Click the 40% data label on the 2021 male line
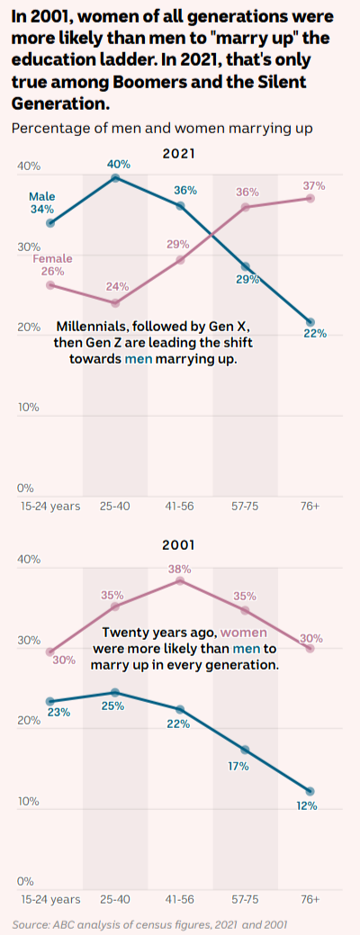tap(119, 164)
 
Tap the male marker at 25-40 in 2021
tap(115, 177)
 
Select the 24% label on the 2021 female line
tap(117, 286)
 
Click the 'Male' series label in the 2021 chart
tap(41, 197)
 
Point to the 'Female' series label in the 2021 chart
tap(52, 259)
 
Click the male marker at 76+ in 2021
tap(310, 322)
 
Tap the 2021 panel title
tap(179, 154)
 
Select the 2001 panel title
tap(179, 545)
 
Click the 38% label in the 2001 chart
tap(179, 568)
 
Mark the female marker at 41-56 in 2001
tap(181, 580)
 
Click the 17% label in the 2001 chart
tap(238, 766)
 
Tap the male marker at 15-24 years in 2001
tap(50, 701)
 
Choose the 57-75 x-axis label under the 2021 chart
tap(245, 507)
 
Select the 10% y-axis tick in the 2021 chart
tap(28, 408)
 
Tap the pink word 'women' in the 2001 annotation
tap(245, 633)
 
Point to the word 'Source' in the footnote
tap(29, 925)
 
